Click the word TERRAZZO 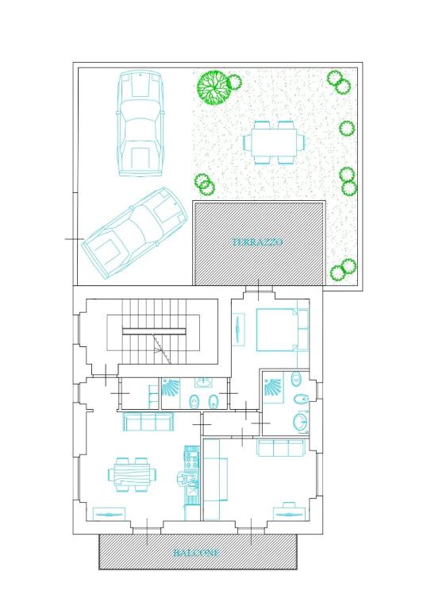[258, 242]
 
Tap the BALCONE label [196, 553]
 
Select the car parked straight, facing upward [140, 123]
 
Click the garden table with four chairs [274, 142]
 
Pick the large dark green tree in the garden [213, 87]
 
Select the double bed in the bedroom [283, 330]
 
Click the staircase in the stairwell [154, 331]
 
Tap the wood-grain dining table [132, 475]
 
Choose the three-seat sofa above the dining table [148, 422]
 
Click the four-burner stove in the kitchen [191, 458]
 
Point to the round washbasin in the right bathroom [300, 422]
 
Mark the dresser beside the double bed [238, 329]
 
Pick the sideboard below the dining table [109, 515]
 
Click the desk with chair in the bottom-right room [289, 512]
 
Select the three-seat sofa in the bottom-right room [281, 448]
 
